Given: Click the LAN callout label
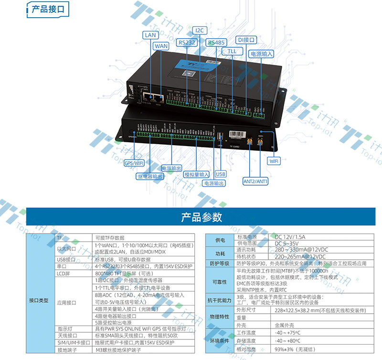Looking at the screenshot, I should point(150,35).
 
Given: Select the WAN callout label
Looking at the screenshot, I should point(161,46).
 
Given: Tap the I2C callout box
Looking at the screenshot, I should point(200,31).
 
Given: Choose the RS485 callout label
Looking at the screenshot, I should point(216,42).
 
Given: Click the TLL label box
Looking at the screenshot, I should point(232,51).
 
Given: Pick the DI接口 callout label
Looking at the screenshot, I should point(246,40).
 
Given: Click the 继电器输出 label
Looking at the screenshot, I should point(149,176).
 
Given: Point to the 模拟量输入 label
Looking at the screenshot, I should point(197,175).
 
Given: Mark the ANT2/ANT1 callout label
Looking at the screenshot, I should point(255,181).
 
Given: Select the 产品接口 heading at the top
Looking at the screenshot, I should point(47,9).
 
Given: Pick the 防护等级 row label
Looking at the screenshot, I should point(220,264).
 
